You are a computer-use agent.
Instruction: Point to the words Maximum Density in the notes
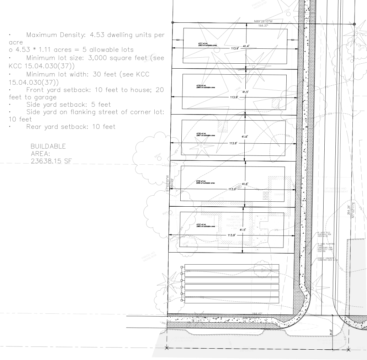tap(53, 35)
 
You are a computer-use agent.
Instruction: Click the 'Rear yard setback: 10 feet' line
tap(70, 127)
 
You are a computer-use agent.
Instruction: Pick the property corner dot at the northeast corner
tap(354, 24)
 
